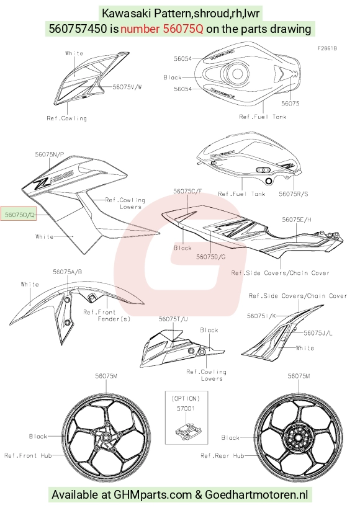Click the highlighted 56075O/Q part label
point(19,213)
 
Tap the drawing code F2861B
point(327,48)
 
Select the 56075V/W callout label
point(127,87)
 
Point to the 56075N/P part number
point(49,154)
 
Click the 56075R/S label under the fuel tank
point(294,194)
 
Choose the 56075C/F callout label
point(187,191)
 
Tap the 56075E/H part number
point(297,220)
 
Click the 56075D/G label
point(211,257)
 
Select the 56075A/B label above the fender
point(68,272)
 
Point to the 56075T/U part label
point(173,319)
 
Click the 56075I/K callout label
point(261,316)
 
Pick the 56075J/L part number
point(318,332)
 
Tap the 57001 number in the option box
point(186,409)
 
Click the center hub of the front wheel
point(106,437)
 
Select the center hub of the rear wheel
point(298,437)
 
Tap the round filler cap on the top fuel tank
point(236,73)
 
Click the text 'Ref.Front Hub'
point(28,455)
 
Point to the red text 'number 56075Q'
point(162,29)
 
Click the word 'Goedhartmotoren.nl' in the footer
point(256,495)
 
